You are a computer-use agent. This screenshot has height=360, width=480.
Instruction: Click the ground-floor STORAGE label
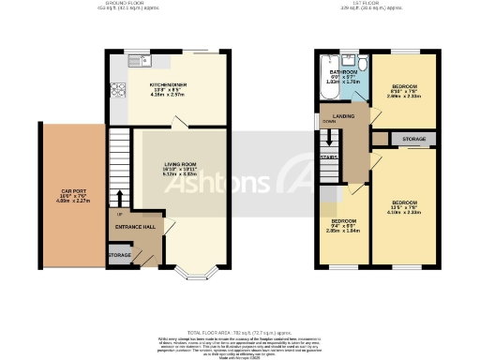119,254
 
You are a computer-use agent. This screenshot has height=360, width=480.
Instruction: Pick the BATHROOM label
341,71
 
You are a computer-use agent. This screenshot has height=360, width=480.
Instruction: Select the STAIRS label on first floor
328,158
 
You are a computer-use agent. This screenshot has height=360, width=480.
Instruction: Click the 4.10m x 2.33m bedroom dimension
405,214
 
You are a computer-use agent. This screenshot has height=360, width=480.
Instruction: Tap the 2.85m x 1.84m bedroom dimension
343,229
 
